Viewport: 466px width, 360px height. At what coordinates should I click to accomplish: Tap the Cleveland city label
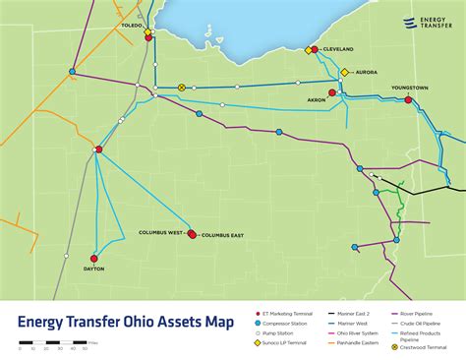point(337,48)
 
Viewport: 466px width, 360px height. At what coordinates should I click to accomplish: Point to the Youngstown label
point(410,89)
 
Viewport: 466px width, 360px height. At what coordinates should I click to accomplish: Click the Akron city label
point(318,100)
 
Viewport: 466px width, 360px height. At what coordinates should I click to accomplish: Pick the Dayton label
point(94,269)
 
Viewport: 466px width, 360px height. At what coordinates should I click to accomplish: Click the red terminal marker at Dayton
point(94,259)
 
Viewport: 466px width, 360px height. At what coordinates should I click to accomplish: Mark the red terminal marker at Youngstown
point(408,99)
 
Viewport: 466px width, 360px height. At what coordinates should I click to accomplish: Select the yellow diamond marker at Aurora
point(344,72)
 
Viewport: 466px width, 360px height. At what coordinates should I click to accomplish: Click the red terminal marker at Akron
point(332,92)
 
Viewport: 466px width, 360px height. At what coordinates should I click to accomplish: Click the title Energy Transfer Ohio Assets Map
point(126,321)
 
